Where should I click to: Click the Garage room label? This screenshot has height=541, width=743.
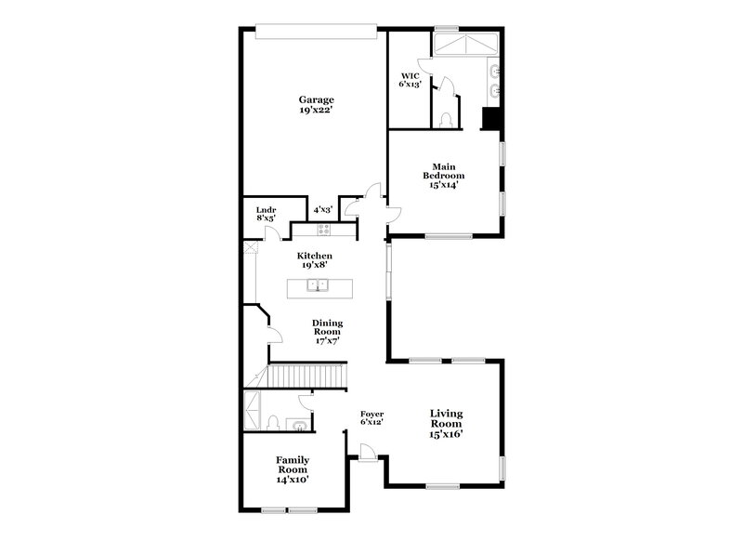pyautogui.click(x=316, y=99)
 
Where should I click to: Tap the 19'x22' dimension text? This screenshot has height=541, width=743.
pyautogui.click(x=316, y=111)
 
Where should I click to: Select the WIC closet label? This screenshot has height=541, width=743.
pyautogui.click(x=410, y=75)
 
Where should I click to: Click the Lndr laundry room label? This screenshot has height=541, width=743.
pyautogui.click(x=266, y=210)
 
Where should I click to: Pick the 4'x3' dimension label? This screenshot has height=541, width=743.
pyautogui.click(x=322, y=210)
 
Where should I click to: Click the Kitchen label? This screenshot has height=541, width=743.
pyautogui.click(x=314, y=256)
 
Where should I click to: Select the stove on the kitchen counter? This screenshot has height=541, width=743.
pyautogui.click(x=323, y=230)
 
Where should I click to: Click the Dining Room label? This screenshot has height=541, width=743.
pyautogui.click(x=326, y=331)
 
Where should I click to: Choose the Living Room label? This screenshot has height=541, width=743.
pyautogui.click(x=446, y=423)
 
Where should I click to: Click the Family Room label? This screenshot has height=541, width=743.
pyautogui.click(x=292, y=468)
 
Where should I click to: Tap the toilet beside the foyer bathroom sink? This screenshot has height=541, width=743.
pyautogui.click(x=273, y=423)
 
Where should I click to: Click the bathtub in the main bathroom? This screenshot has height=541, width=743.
pyautogui.click(x=468, y=44)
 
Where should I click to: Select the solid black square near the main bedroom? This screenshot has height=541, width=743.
pyautogui.click(x=490, y=120)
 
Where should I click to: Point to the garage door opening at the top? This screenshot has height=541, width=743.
pyautogui.click(x=316, y=33)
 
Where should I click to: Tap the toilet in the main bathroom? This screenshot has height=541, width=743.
pyautogui.click(x=445, y=117)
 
